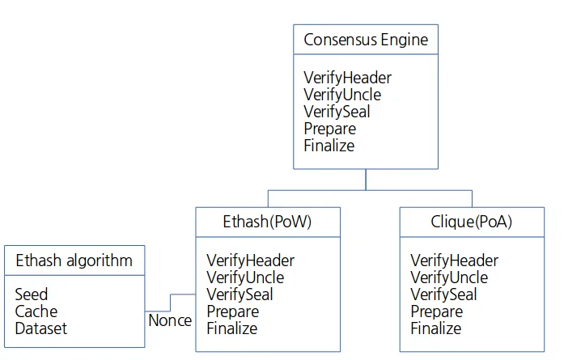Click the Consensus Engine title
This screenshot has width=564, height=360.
coord(366,40)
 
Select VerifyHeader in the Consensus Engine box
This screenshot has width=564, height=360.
coord(347,78)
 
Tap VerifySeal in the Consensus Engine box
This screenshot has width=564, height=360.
coord(337,112)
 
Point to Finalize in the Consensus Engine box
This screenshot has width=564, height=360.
coord(329,146)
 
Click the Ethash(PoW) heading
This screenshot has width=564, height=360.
coord(267,222)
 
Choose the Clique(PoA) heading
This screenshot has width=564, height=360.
coord(471,222)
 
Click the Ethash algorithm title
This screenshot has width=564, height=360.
coord(74,260)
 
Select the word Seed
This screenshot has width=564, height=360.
coord(32,294)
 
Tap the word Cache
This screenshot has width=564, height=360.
coord(36,311)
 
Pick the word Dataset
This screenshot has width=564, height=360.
coord(41,328)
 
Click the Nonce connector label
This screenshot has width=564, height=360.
coord(170,320)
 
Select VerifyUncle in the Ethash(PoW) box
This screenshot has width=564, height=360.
coord(245,277)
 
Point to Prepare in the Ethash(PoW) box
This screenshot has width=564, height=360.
coord(233,311)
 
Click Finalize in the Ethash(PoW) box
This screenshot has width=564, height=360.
coord(232,328)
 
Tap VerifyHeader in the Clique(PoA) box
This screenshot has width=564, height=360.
coord(454,260)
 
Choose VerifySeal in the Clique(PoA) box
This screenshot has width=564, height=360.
coord(443,294)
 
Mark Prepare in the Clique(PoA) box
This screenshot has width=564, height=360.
coord(437,311)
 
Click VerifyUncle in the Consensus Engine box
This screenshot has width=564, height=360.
coord(342,95)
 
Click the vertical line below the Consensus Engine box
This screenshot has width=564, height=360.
coord(366,180)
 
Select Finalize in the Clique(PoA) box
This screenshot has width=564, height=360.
coord(436,328)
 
